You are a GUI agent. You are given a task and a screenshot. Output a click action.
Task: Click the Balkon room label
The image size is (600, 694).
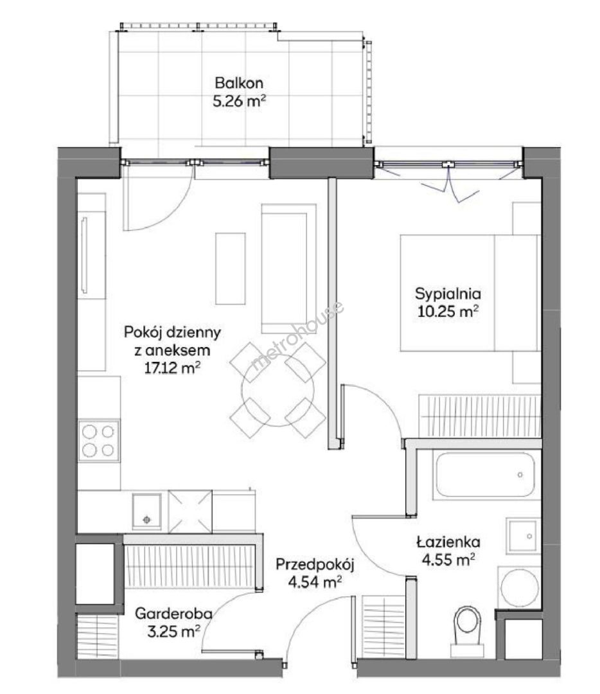coord(239,83)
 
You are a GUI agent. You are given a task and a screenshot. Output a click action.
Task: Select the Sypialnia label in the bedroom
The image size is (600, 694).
coord(448,294)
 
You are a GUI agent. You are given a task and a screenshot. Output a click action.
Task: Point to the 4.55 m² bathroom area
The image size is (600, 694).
coord(448,560)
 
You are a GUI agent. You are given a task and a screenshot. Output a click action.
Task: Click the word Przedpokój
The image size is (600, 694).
coord(315,565)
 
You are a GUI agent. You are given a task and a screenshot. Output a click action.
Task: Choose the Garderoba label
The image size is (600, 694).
coord(173,614)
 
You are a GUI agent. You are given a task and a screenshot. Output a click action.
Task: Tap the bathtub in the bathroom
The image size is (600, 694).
coord(485,474)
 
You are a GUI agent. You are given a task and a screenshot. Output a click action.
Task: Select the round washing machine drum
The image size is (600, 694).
coord(520,588)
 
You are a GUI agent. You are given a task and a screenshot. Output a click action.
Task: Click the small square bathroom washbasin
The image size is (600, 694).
coord(524,536)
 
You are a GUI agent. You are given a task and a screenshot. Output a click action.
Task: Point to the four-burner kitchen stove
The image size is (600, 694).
coord(99,440)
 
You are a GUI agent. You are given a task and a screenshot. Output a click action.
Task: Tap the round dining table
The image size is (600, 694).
coord(278,390)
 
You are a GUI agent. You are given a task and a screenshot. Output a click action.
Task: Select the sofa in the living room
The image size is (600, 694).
coord(289,268)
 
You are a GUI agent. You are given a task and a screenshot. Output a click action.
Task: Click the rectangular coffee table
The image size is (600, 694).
coord(231,269)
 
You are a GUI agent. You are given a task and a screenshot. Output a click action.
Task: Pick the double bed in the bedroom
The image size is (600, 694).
coord(470,293)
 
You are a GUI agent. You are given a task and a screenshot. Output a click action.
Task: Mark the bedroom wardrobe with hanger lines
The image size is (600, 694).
coord(480,416)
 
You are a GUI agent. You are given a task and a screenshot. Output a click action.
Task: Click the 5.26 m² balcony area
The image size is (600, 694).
coord(240,102)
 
